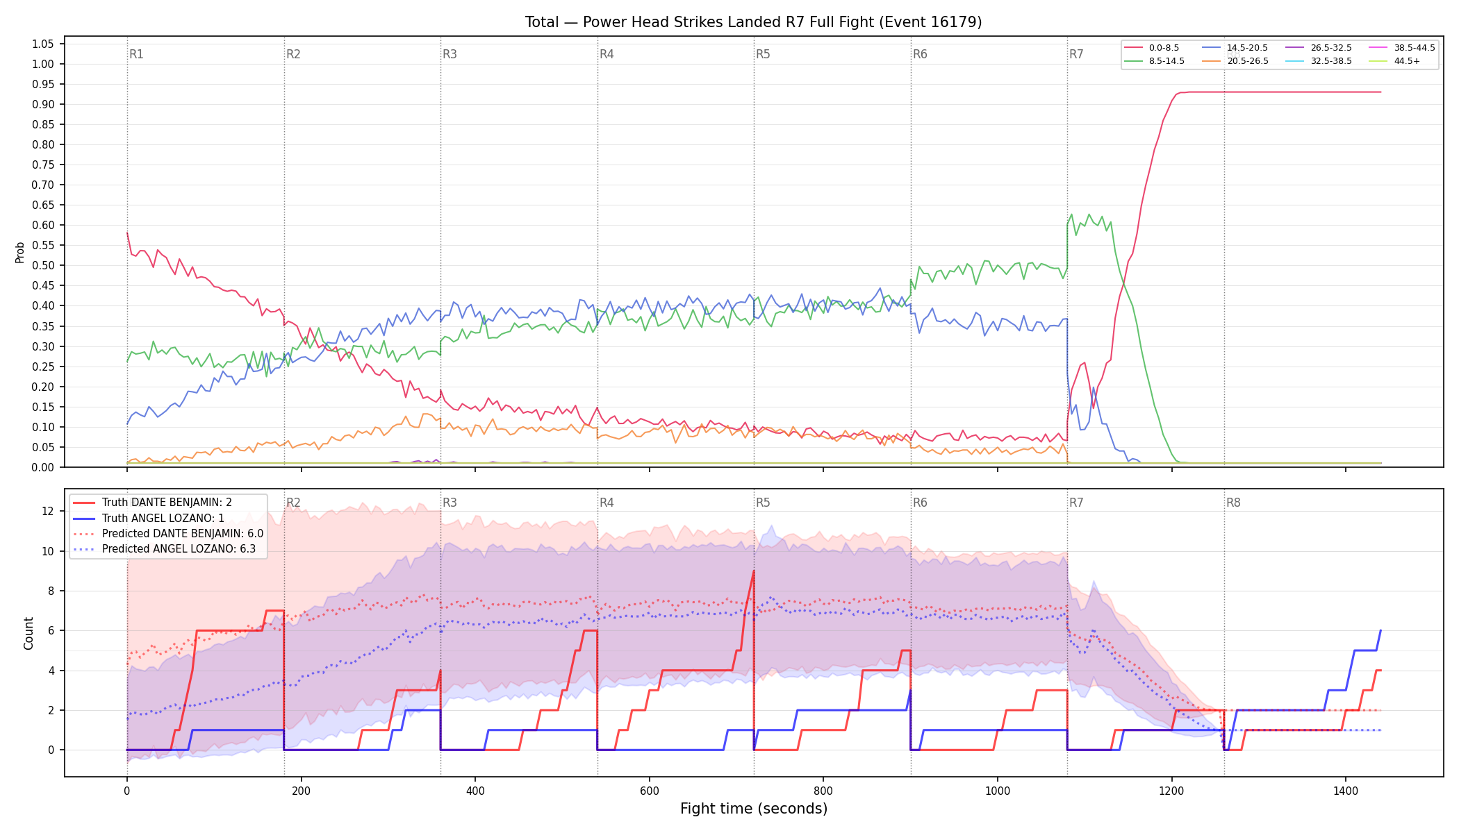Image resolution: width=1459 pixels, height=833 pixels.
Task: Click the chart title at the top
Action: point(753,22)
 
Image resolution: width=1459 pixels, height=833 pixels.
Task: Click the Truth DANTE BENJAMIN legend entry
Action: point(152,503)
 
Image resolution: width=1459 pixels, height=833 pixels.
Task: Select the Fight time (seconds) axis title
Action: point(754,809)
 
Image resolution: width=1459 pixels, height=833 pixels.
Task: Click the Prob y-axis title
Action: point(20,252)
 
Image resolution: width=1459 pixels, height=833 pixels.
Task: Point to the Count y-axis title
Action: point(28,633)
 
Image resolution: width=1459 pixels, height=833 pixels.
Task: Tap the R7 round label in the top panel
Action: point(1076,54)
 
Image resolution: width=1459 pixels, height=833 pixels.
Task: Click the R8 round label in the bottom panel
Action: point(1233,503)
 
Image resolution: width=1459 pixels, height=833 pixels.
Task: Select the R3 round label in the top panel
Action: point(450,54)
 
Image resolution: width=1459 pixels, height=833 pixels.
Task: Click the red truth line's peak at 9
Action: point(754,571)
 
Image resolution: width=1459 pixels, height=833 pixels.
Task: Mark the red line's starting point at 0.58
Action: point(127,233)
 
